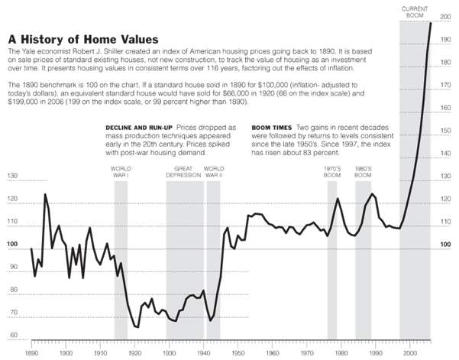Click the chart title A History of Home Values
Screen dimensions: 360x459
(83, 38)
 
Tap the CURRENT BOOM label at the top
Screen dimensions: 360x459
(415, 11)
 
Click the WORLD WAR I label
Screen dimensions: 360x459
(120, 172)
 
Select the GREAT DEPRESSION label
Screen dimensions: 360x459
(183, 172)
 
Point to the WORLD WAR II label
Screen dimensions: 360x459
(214, 172)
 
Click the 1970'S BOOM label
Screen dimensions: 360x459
(332, 172)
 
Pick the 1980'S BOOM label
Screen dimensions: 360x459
(364, 172)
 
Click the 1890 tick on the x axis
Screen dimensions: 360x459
(31, 354)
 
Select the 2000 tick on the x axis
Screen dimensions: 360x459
(410, 354)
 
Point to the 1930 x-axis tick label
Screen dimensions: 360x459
(170, 354)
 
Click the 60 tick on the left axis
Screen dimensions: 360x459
(13, 336)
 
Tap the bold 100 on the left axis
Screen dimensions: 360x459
(13, 245)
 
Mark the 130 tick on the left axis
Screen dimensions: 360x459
(13, 177)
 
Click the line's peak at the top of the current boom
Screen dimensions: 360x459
(431, 23)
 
